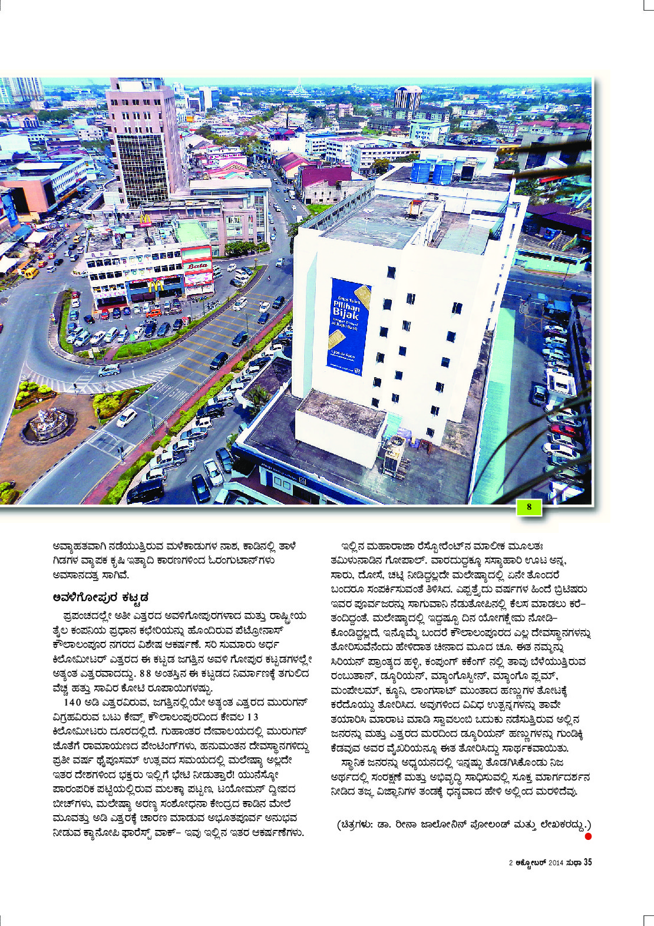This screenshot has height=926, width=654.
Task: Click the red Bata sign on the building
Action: coord(197,266)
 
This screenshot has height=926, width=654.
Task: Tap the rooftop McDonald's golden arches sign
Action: coord(145,220)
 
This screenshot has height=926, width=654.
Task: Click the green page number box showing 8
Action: coord(529,507)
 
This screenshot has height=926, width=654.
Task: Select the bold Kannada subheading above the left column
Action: coord(100,598)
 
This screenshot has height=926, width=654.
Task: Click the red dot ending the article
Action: coord(587,836)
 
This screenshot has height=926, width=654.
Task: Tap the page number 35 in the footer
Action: coord(587,862)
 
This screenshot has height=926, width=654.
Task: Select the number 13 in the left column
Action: coord(252,717)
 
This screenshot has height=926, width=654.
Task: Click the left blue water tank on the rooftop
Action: coord(421,171)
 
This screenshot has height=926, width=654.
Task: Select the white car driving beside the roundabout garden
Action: coord(126,417)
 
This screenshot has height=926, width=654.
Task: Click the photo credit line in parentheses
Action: coord(463,824)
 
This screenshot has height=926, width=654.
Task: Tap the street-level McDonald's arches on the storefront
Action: coord(156,286)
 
